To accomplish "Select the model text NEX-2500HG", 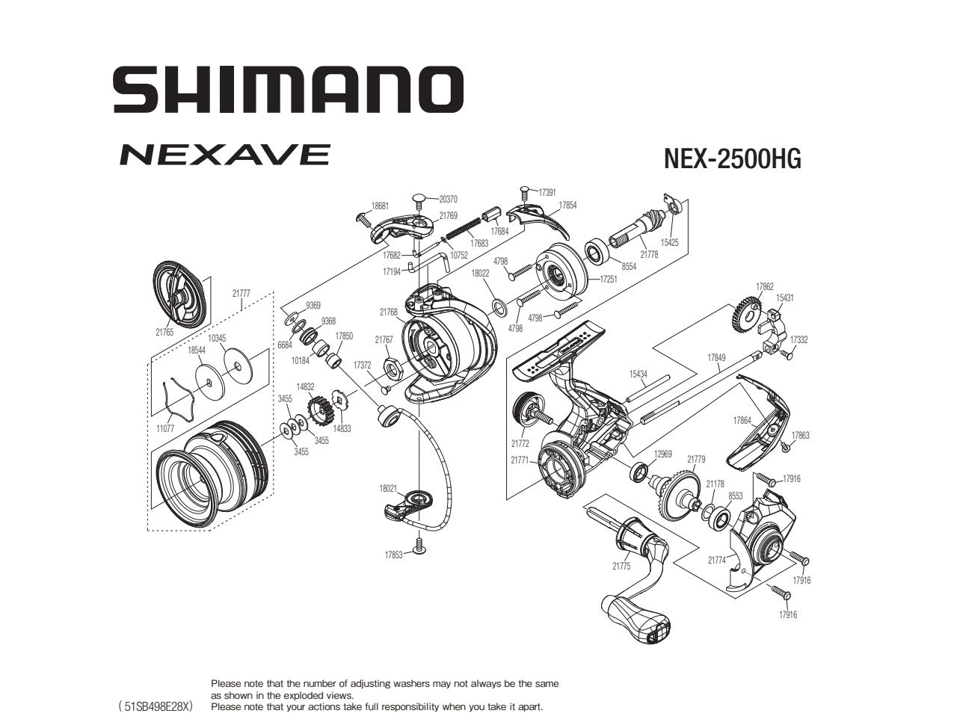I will pos(732,159).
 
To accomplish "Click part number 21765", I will pos(164,333).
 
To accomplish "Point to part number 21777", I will pos(241,294).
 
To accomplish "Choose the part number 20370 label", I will pos(449,200).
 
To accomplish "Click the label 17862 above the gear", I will pos(764,286).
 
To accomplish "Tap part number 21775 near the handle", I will pos(621,567).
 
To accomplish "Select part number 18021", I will pos(388,488).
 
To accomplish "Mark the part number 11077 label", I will pos(165,428).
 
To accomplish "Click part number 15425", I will pos(669,243).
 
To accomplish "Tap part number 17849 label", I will pos(716,358).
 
